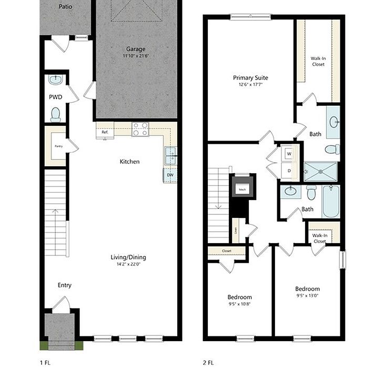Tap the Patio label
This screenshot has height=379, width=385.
(66, 7)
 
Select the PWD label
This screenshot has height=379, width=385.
(56, 97)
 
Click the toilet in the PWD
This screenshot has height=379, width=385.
(56, 114)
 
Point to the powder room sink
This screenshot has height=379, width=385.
(55, 80)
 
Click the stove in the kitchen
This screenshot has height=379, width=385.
(140, 129)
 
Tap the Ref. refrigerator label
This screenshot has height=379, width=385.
(105, 132)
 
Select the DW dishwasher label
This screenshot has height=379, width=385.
(170, 175)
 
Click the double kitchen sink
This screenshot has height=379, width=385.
(170, 156)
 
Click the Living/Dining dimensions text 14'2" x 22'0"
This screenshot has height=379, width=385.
(128, 264)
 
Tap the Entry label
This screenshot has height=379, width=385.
(65, 285)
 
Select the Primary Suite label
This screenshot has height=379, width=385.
(250, 78)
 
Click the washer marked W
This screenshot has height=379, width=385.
(289, 154)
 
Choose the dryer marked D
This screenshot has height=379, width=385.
(289, 171)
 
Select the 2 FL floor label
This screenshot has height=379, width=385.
(209, 363)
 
